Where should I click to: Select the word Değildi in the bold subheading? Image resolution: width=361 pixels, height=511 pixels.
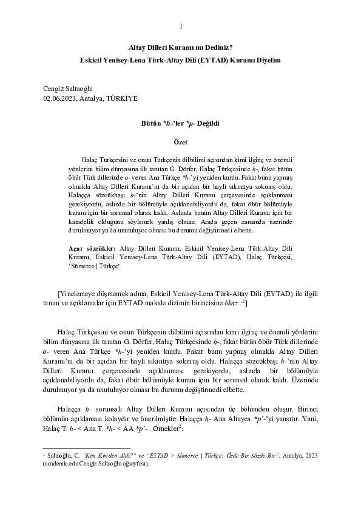tap(207, 123)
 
